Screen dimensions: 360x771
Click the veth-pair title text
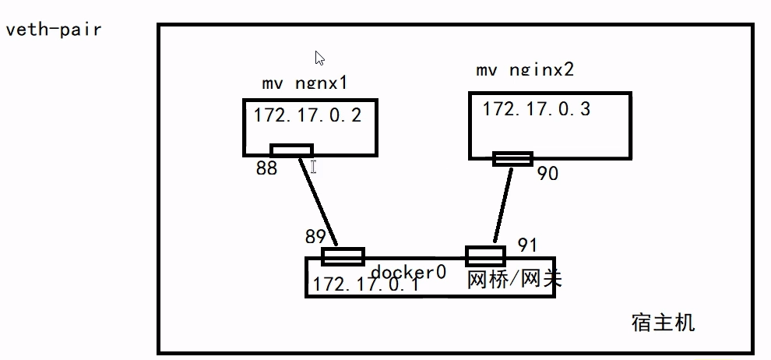click(x=54, y=30)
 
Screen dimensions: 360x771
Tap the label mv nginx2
click(x=525, y=69)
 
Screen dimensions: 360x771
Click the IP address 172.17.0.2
click(x=308, y=116)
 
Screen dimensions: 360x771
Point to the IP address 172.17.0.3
click(x=536, y=108)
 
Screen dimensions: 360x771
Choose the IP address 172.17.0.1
click(x=366, y=284)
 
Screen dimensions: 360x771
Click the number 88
click(x=266, y=168)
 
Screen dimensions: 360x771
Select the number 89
click(x=316, y=237)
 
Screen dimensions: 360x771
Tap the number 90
click(x=547, y=174)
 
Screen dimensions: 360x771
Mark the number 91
click(x=527, y=245)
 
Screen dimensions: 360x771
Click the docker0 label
click(x=408, y=272)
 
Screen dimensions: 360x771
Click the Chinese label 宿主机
click(x=663, y=323)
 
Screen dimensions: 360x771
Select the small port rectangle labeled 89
click(x=343, y=256)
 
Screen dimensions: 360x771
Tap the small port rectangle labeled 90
click(x=512, y=159)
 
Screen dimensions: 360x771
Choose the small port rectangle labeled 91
click(x=485, y=256)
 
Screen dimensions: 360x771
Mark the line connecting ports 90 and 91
click(x=502, y=205)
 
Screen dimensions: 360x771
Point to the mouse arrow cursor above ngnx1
click(x=319, y=58)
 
